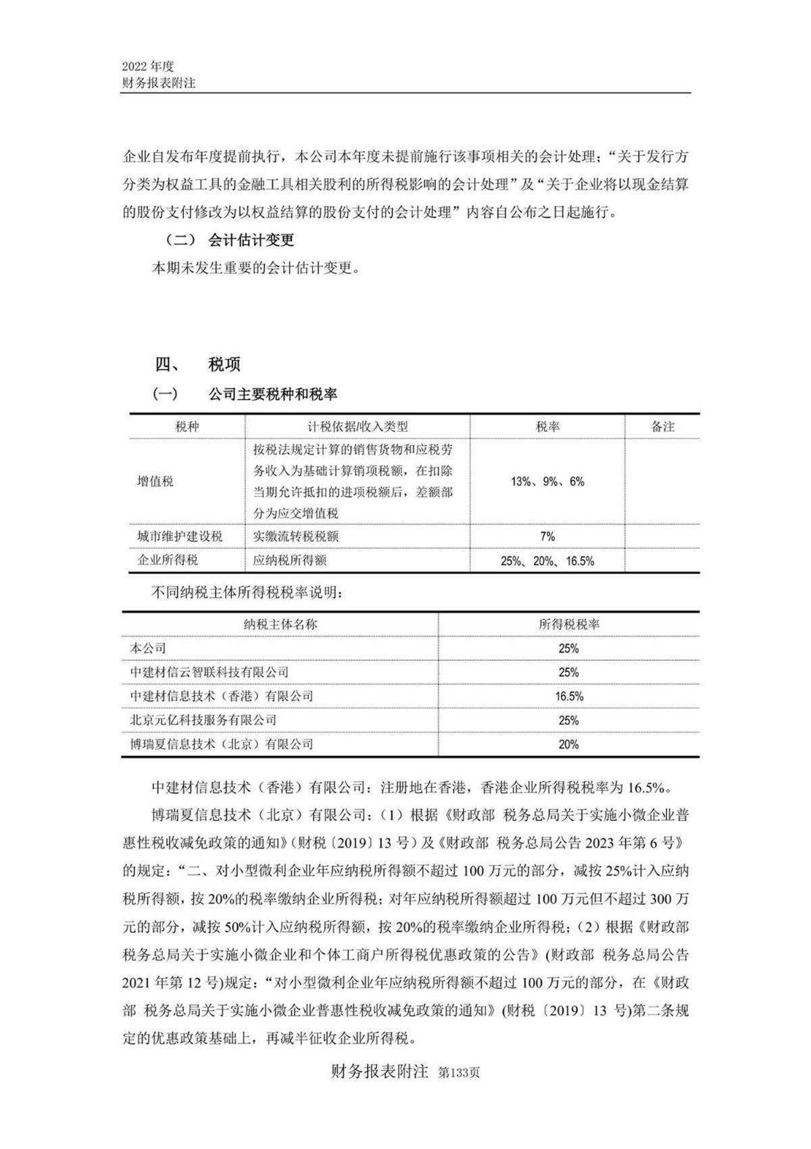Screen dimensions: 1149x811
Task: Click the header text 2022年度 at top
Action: [x=148, y=66]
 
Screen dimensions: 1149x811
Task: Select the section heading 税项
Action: [x=224, y=365]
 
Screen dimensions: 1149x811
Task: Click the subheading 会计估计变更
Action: [x=251, y=240]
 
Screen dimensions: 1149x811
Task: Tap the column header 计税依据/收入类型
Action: [x=358, y=427]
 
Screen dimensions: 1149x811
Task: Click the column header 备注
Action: [x=662, y=427]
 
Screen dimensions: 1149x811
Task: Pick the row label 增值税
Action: [x=155, y=482]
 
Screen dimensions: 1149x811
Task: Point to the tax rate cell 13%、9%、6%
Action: [x=547, y=482]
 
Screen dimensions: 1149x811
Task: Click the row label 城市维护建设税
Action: [x=180, y=536]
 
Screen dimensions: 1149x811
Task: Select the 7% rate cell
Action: [x=547, y=536]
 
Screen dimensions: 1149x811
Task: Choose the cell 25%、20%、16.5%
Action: [x=547, y=561]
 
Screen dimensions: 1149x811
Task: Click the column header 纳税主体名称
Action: [x=280, y=624]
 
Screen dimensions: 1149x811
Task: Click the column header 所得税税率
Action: [x=568, y=624]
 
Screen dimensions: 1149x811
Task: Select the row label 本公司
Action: [x=148, y=648]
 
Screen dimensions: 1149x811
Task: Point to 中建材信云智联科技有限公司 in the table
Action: [x=210, y=672]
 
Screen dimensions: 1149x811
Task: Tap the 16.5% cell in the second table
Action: [x=568, y=696]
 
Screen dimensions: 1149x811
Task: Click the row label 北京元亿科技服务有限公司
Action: [x=203, y=720]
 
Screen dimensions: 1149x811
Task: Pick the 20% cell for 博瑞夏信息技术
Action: [x=568, y=744]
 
